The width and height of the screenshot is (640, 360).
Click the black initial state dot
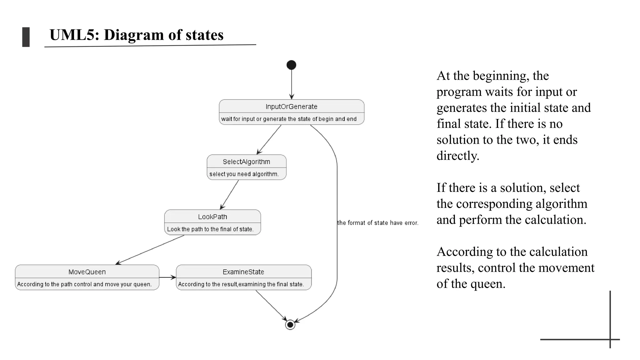pos(291,65)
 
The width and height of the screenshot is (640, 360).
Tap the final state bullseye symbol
pos(290,325)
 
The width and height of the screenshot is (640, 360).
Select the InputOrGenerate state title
pos(291,107)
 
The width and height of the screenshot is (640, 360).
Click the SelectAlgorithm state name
pos(246,162)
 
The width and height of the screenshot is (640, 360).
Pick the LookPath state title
pos(212,217)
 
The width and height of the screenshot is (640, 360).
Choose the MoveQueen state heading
pos(87,272)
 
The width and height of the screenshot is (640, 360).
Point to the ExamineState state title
pos(243,272)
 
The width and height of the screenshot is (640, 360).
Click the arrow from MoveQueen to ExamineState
pos(167,277)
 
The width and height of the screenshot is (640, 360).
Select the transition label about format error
pos(377,223)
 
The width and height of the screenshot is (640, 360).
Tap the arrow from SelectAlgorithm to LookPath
pos(230,194)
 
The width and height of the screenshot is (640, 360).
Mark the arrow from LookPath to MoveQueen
pos(150,250)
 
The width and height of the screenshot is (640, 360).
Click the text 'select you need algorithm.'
pos(244,174)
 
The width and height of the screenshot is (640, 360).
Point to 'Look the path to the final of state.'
pos(210,229)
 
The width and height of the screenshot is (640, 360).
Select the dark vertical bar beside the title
pos(26,37)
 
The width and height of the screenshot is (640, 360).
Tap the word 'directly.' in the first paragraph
pos(458,156)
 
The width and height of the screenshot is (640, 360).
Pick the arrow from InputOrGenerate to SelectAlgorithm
pos(269,139)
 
